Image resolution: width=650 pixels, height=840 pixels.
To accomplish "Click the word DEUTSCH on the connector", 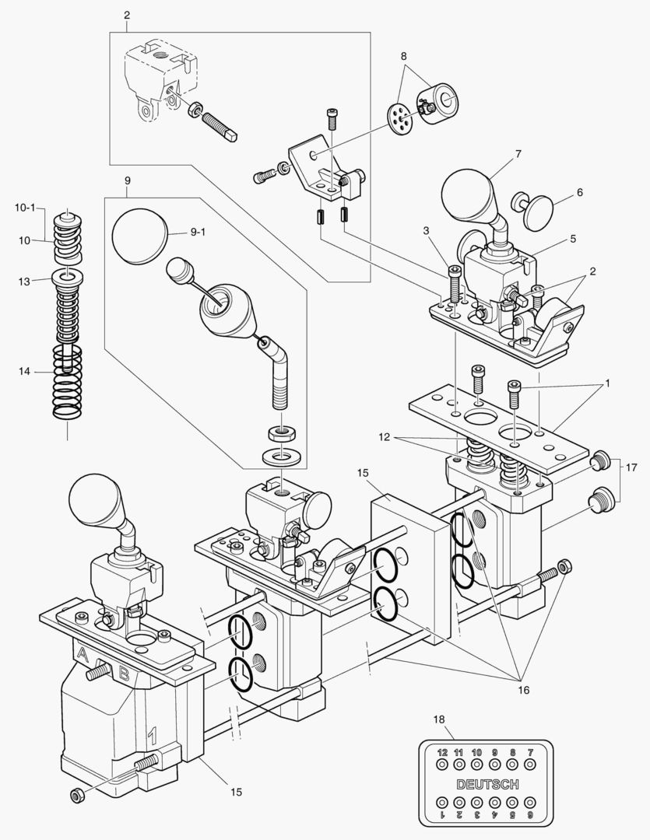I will [x=488, y=783].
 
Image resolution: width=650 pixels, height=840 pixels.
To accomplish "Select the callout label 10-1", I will [x=25, y=208].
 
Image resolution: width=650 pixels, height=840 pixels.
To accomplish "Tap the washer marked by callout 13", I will [x=68, y=277].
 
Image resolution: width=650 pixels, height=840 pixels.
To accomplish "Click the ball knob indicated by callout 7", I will [x=469, y=198].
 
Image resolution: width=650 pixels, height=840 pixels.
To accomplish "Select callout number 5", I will [x=572, y=239].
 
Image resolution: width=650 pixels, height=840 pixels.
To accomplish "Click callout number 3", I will [x=426, y=230].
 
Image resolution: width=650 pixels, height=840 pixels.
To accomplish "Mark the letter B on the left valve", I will [x=125, y=674].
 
